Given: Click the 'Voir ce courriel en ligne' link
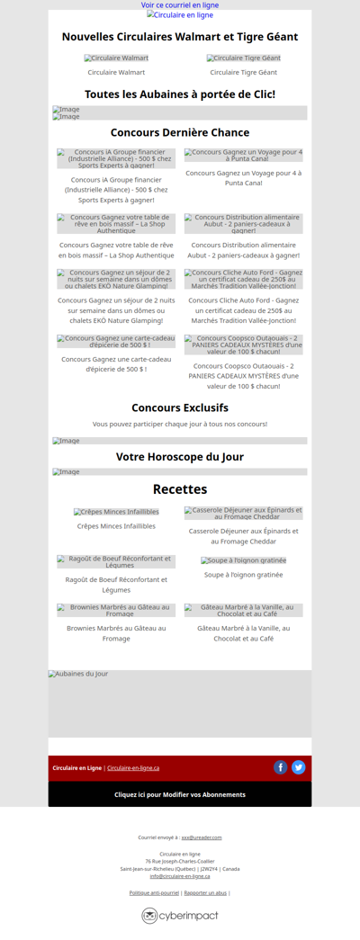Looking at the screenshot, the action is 180,5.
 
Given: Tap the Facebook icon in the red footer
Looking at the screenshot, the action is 281,767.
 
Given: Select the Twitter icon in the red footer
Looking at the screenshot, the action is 299,767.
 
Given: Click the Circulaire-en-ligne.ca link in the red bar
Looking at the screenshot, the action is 133,768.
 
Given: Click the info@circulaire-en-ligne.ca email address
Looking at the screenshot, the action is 180,876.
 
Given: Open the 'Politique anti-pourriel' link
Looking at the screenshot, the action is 154,893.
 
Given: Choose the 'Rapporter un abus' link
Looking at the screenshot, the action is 205,893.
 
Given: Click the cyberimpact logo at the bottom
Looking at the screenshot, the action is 180,916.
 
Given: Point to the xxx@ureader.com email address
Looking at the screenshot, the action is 202,837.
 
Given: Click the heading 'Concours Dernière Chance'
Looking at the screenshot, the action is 180,132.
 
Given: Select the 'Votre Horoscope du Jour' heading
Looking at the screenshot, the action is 180,457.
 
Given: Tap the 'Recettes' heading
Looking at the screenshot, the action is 180,489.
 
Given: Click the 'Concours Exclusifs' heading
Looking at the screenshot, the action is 180,407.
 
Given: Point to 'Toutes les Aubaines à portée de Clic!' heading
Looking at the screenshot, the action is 180,94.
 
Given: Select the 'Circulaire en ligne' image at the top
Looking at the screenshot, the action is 180,15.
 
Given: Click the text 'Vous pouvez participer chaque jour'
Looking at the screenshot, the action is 180,424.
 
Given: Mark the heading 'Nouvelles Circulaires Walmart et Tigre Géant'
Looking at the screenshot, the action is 180,37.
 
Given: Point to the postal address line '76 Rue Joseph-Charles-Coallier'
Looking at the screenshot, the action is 180,862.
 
